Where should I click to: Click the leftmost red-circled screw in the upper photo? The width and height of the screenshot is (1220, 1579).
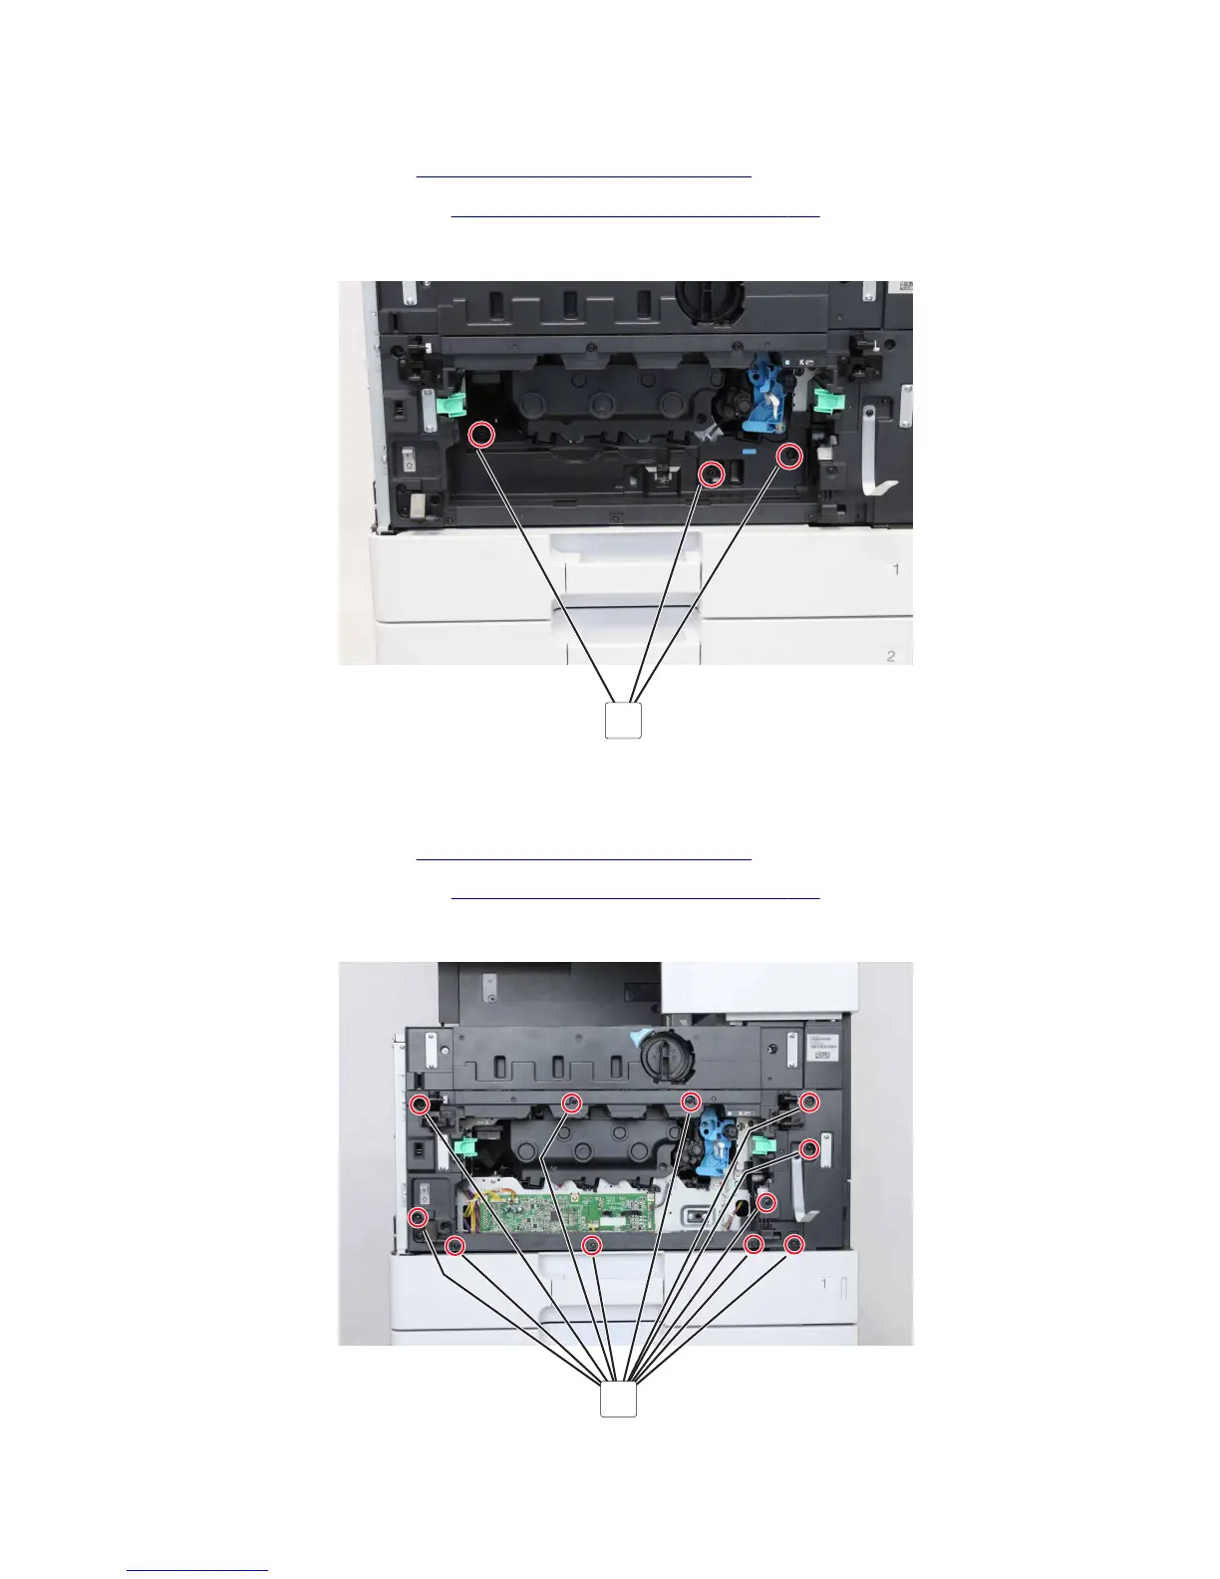[481, 435]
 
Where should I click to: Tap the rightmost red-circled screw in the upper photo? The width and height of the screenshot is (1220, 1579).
[788, 457]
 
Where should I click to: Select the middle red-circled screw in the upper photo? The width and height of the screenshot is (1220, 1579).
[711, 474]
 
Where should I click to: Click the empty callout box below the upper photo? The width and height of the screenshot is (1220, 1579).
[623, 721]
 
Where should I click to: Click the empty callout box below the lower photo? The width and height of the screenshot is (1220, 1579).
[618, 1399]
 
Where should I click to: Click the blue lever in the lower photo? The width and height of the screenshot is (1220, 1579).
[718, 1142]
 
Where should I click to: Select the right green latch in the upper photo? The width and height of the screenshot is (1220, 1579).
[825, 401]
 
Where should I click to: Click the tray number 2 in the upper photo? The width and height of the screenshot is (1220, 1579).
[891, 656]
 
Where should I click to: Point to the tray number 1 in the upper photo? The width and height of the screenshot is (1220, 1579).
[896, 569]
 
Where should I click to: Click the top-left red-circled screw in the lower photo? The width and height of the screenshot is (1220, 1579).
[421, 1104]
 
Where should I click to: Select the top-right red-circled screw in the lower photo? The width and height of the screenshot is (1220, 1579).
[809, 1103]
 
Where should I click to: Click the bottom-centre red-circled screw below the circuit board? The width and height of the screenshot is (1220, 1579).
[592, 1244]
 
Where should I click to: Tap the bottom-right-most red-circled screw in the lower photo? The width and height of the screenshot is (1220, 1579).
[793, 1244]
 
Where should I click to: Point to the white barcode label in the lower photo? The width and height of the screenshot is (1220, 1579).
[822, 1054]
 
